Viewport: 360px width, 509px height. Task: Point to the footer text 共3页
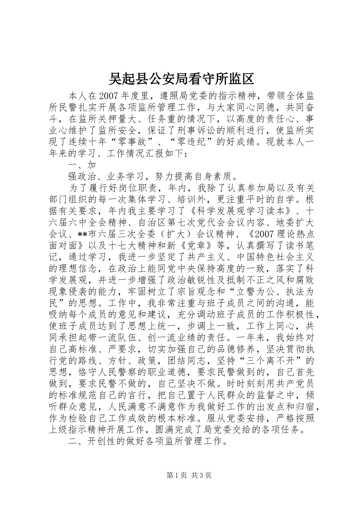point(201,476)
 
